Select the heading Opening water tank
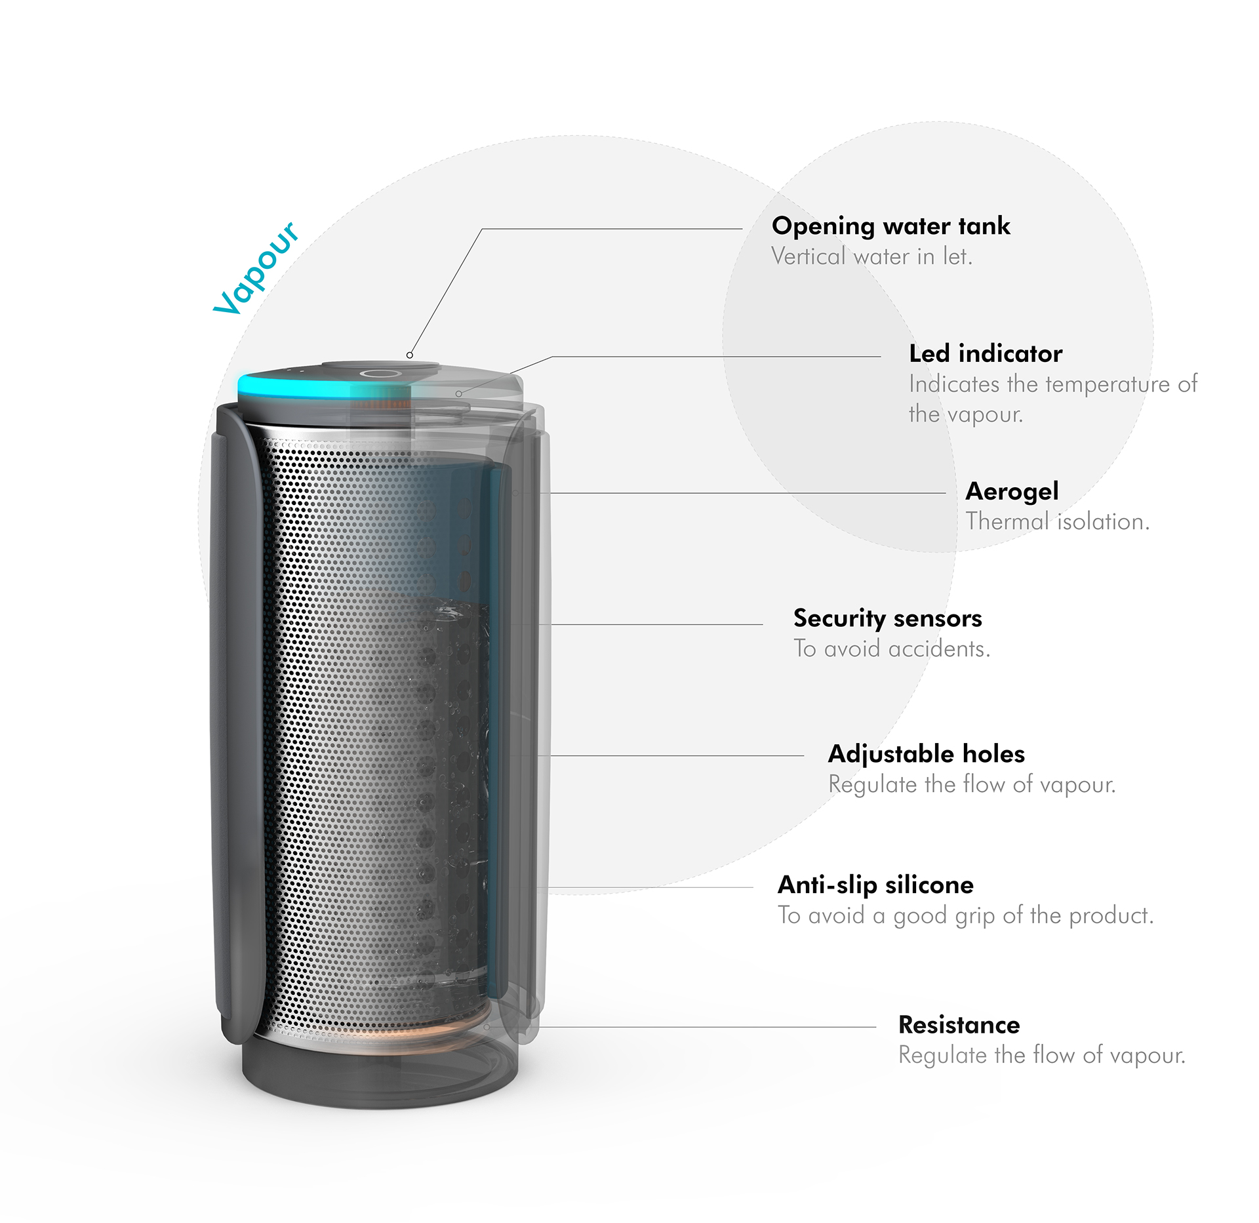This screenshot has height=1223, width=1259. point(890,226)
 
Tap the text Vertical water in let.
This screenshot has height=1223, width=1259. point(871,256)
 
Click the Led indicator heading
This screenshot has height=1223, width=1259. point(985,353)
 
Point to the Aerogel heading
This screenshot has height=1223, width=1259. point(1012,491)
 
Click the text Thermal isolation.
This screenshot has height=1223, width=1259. point(1057,521)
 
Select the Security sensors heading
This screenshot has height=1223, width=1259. point(887,618)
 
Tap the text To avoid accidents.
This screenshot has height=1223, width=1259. point(891,649)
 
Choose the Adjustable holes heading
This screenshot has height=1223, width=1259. point(926,754)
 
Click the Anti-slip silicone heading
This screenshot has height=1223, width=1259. point(875,885)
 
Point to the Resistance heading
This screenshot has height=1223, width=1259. point(959,1025)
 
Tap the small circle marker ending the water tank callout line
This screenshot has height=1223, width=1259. point(410,355)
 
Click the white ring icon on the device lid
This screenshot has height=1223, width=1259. point(380,374)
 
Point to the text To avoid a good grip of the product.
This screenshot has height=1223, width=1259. point(965,915)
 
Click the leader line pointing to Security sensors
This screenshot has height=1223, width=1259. point(656,624)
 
